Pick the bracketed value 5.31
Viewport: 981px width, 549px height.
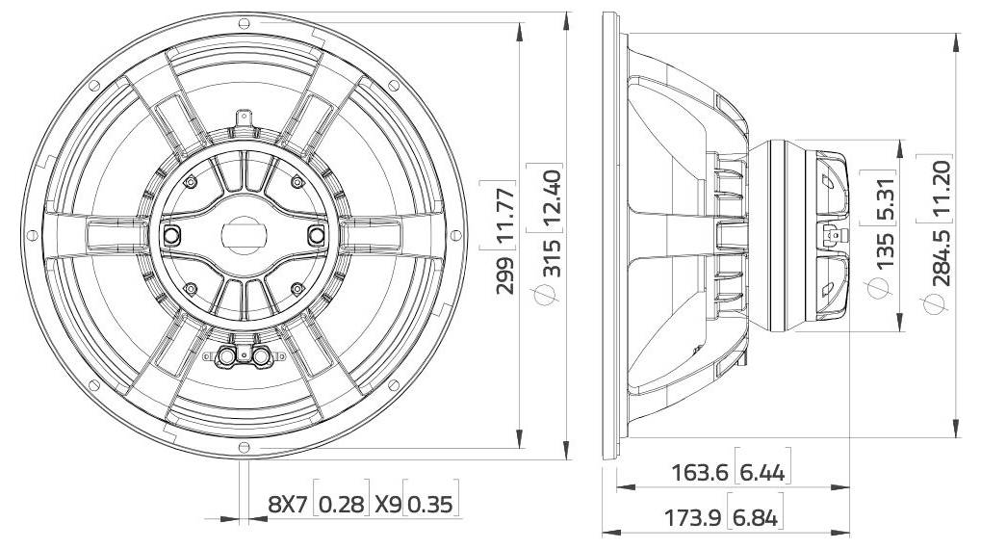tap(887, 199)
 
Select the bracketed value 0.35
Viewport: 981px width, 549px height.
tap(430, 503)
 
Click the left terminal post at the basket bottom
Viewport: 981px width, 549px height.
tap(228, 356)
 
